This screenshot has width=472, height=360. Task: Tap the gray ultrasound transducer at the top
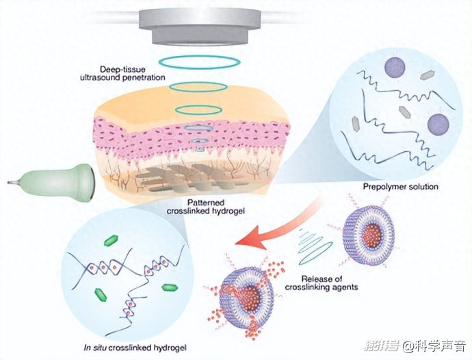pyautogui.click(x=200, y=27)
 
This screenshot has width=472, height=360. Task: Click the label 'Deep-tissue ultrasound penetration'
pyautogui.click(x=122, y=73)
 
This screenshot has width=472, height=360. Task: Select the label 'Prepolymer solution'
pyautogui.click(x=400, y=186)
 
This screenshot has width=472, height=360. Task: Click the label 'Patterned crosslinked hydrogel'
pyautogui.click(x=206, y=207)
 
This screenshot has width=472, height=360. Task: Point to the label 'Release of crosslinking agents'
pyautogui.click(x=322, y=283)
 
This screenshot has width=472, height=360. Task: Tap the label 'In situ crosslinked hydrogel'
pyautogui.click(x=135, y=348)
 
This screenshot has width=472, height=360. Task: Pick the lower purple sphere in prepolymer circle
pyautogui.click(x=438, y=125)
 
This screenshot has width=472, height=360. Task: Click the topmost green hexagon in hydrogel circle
pyautogui.click(x=111, y=240)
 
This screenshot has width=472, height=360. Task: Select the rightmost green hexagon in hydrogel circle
pyautogui.click(x=170, y=287)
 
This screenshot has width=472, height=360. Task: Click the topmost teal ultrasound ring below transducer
pyautogui.click(x=200, y=62)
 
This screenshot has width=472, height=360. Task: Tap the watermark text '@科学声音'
pyautogui.click(x=434, y=346)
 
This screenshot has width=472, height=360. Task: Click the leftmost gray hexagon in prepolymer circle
pyautogui.click(x=356, y=124)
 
